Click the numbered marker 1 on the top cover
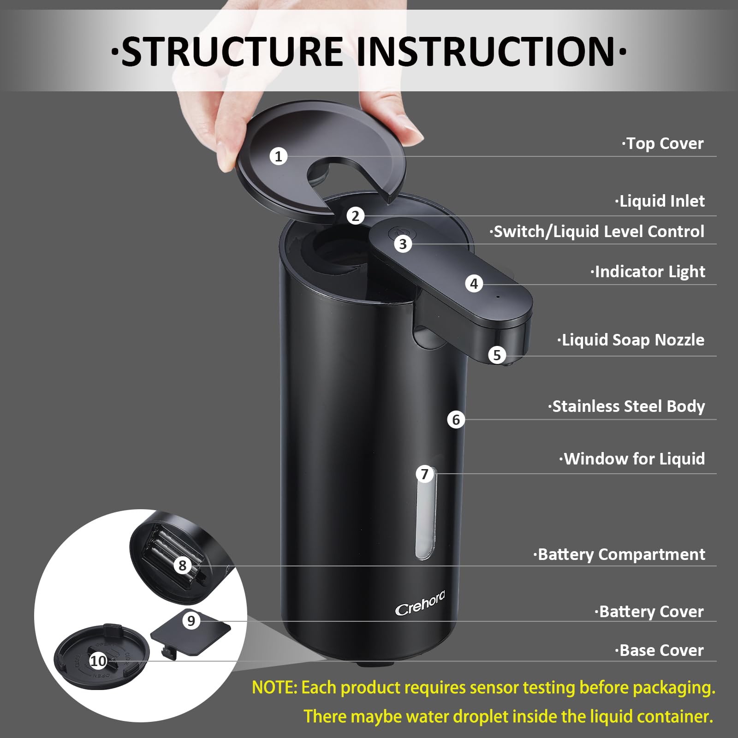click(x=278, y=156)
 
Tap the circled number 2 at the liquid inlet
click(x=355, y=215)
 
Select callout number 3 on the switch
click(x=403, y=244)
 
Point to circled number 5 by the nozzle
click(x=497, y=355)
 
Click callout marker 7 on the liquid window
click(x=425, y=474)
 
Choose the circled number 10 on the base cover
click(x=98, y=661)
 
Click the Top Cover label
click(x=663, y=143)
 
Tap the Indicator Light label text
click(x=648, y=272)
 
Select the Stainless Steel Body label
click(x=627, y=406)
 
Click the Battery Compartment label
click(x=619, y=554)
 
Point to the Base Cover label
click(x=660, y=650)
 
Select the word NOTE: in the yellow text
click(x=275, y=688)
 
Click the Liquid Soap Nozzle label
click(x=631, y=340)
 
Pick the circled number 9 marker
click(x=191, y=620)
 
